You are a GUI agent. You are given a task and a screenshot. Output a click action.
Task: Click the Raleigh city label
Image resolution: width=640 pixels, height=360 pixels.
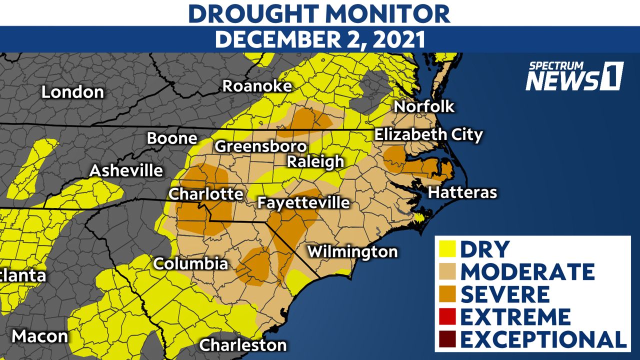[315, 161]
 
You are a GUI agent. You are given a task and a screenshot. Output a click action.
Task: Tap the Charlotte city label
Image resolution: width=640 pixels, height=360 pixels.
[205, 194]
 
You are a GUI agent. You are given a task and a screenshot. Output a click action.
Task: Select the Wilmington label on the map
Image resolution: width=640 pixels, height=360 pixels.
[352, 251]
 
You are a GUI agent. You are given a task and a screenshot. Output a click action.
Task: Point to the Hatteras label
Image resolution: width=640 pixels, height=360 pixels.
[462, 192]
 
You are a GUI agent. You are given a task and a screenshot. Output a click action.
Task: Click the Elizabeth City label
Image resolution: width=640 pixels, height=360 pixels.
[428, 134]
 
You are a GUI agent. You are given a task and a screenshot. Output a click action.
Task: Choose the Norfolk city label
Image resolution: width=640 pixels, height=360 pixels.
[424, 106]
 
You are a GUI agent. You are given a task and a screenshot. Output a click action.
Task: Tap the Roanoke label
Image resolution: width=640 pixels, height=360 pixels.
[256, 85]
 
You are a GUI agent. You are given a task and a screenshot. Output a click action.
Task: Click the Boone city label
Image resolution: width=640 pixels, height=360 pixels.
[172, 138]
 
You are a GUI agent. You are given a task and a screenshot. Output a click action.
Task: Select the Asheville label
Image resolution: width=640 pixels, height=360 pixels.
[126, 170]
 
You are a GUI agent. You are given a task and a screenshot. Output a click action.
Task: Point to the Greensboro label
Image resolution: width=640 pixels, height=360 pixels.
[260, 146]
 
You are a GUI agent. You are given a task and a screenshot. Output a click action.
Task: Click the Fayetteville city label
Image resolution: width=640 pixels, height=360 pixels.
[303, 202]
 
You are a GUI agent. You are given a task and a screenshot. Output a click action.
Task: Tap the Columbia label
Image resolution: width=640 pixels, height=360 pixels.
[190, 263]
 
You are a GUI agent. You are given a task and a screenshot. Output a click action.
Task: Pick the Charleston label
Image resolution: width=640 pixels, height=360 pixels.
[243, 345]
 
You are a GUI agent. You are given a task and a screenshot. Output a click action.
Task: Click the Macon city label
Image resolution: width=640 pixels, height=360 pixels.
[39, 336]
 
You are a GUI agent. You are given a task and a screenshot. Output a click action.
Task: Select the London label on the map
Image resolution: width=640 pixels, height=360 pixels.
[72, 92]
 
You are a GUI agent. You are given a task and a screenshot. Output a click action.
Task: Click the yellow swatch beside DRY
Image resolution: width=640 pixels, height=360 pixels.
[446, 249]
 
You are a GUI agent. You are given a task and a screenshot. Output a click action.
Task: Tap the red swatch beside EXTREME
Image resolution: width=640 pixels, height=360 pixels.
[446, 317]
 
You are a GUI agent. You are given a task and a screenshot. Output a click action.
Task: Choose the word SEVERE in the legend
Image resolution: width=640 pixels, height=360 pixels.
[504, 294]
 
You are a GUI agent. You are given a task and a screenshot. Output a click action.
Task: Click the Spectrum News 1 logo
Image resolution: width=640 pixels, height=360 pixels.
[574, 76]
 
